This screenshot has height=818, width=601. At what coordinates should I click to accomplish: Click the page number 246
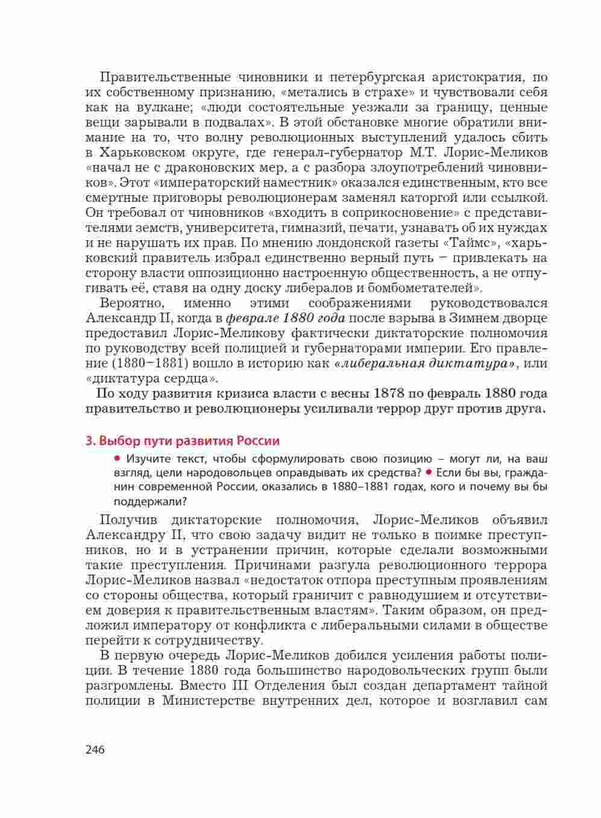tap(95, 750)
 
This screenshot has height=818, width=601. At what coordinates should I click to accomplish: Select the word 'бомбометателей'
tap(425, 288)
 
